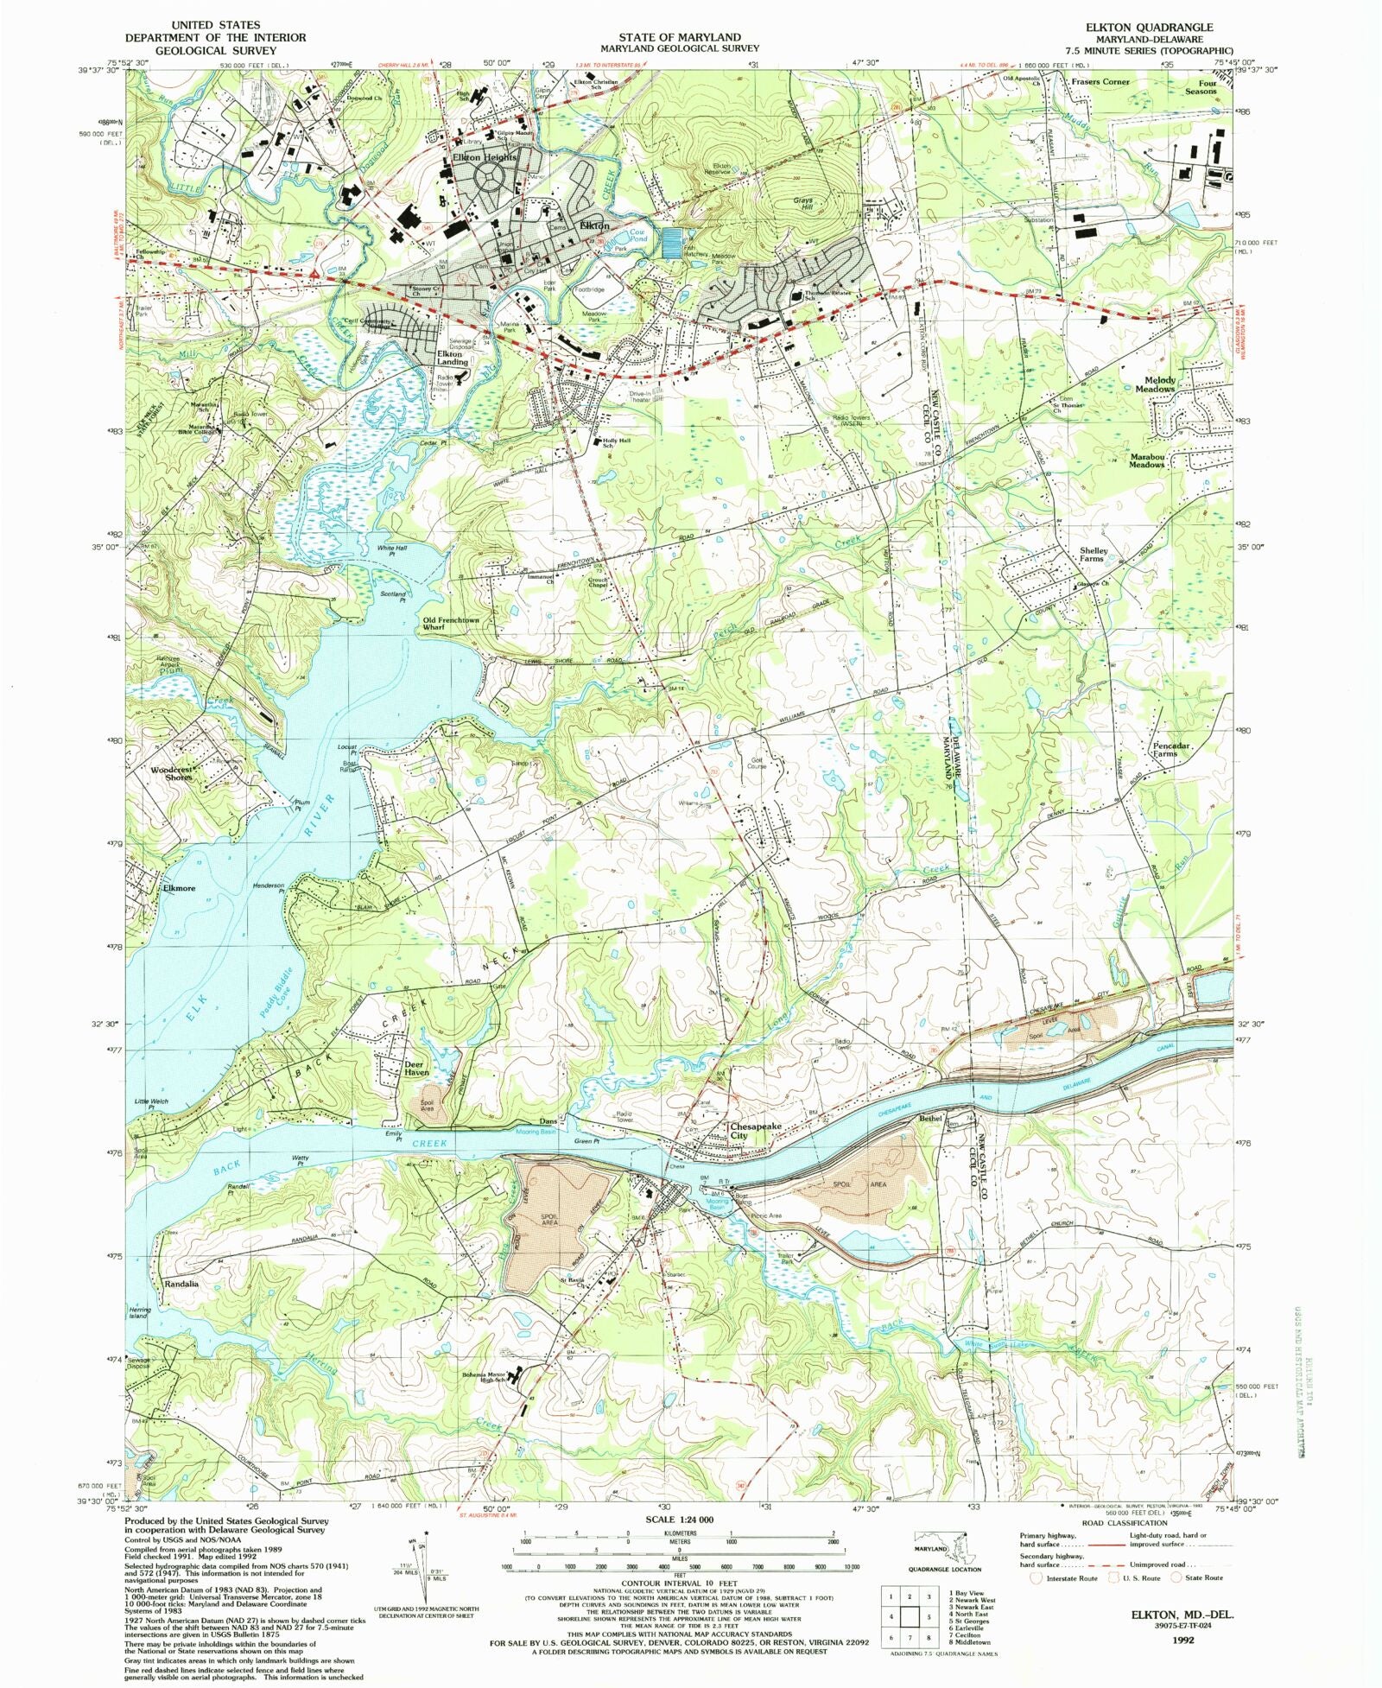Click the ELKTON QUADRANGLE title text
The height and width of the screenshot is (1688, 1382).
click(1149, 28)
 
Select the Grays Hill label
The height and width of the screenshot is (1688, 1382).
click(803, 205)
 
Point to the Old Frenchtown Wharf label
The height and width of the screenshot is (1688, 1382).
click(450, 623)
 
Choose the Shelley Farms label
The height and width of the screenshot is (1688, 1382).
click(1094, 555)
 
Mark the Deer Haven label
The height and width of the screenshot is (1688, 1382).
click(416, 1069)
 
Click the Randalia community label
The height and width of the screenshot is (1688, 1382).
click(181, 1284)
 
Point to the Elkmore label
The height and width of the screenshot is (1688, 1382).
click(179, 888)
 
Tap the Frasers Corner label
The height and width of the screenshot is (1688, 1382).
click(1100, 82)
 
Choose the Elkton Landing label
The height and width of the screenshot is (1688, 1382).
click(452, 358)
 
